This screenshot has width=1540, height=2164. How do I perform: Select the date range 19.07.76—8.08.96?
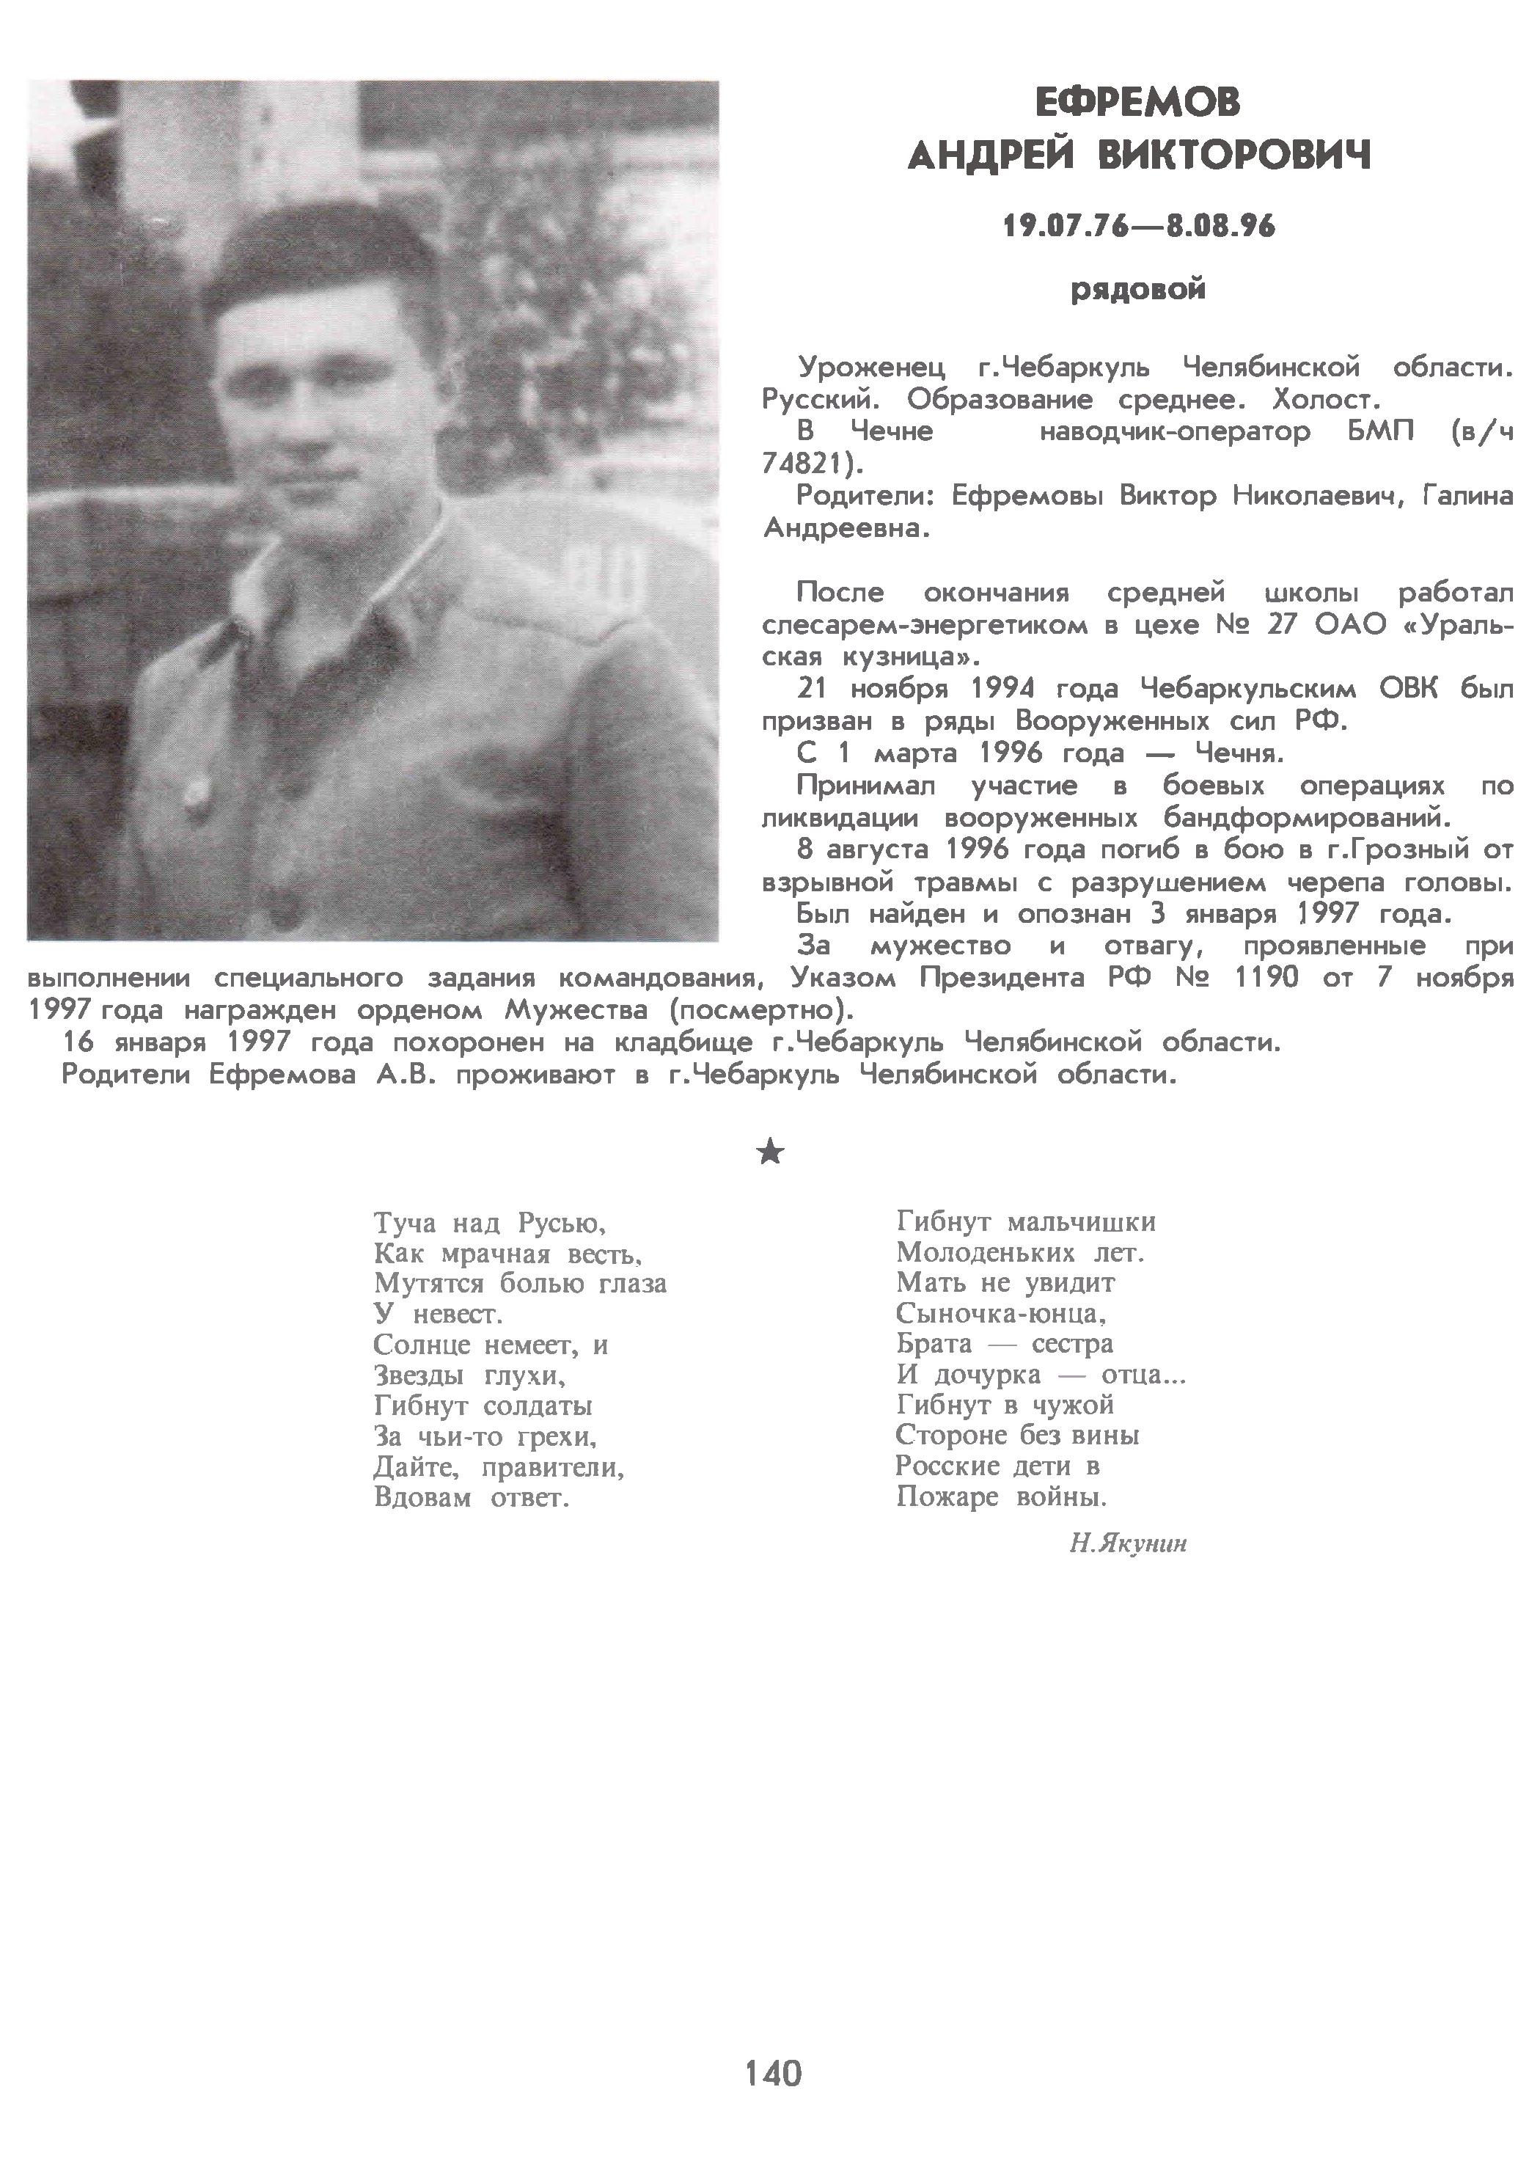[1139, 226]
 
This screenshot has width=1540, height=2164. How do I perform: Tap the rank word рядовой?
[1138, 288]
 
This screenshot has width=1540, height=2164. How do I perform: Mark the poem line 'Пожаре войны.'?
[1002, 1497]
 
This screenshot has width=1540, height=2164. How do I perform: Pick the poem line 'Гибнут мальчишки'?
[1025, 1222]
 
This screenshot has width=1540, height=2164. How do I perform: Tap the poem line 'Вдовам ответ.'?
[472, 1499]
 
